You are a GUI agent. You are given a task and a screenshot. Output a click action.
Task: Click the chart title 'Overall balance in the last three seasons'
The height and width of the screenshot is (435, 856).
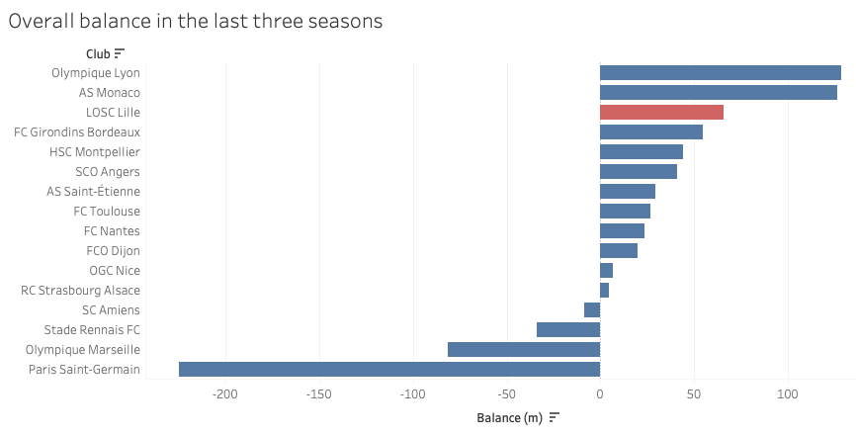[196, 21]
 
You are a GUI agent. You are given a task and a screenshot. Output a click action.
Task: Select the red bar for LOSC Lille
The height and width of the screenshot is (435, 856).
[661, 112]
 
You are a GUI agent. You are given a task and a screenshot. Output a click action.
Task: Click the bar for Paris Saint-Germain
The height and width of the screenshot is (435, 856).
[388, 369]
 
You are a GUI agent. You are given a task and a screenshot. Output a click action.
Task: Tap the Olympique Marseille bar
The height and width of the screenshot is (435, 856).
[523, 349]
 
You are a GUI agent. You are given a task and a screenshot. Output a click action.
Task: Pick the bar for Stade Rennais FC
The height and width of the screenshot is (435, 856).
[567, 329]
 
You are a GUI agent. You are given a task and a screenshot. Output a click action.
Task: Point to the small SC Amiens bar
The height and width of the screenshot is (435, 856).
[592, 309]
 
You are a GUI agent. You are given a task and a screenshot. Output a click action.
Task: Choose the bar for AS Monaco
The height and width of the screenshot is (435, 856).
[718, 92]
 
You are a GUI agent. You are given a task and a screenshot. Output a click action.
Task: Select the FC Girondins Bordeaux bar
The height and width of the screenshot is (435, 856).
[650, 131]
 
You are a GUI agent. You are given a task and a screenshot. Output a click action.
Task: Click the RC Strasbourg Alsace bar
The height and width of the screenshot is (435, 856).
[604, 290]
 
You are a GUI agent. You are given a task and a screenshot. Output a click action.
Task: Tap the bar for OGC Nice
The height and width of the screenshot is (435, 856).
[606, 270]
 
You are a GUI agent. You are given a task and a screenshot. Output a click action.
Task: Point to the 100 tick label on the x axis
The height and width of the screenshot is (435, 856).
[787, 395]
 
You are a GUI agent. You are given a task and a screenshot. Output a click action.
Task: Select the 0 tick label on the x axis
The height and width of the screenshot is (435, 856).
[600, 395]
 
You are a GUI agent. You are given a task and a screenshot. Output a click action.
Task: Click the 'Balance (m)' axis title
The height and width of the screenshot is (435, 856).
[509, 417]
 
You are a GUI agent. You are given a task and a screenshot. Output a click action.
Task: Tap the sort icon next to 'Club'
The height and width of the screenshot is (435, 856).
[120, 53]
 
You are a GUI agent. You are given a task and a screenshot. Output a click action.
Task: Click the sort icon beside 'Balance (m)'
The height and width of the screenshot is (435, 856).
[555, 417]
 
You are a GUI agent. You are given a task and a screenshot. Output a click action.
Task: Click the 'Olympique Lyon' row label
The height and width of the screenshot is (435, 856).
[96, 72]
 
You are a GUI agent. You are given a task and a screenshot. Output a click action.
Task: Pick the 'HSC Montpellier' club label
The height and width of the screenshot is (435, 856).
[95, 151]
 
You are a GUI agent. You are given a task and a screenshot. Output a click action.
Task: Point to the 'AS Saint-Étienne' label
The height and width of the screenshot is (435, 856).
[93, 191]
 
